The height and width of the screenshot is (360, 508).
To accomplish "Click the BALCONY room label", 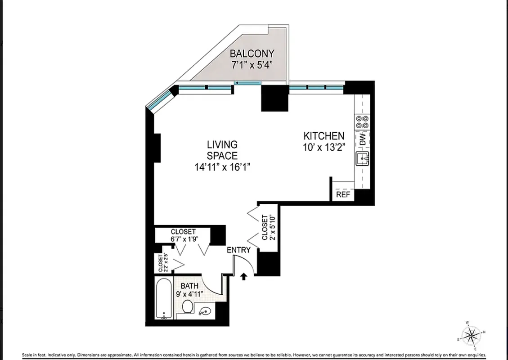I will tap(252, 54).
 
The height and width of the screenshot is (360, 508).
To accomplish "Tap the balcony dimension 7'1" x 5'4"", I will tap(252, 65).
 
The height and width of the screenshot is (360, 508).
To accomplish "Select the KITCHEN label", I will tap(324, 135).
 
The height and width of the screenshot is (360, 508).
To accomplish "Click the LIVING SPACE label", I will tap(222, 150).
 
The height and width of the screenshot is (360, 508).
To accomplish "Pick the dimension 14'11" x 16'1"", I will tap(222, 167).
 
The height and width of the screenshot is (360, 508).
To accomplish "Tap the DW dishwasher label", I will tap(363, 139).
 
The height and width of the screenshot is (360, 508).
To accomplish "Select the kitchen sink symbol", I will tap(362, 159).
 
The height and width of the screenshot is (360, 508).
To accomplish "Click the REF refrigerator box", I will tap(343, 195).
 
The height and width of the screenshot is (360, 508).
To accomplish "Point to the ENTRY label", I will tap(238, 250).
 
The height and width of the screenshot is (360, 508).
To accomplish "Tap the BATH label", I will tap(189, 286).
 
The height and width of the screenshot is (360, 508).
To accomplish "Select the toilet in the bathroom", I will tap(188, 307).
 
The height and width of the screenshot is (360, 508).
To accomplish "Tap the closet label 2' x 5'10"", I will tap(267, 227).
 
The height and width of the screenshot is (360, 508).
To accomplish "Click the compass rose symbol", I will tap(472, 335).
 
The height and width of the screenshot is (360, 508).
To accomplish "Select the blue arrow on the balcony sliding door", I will tap(247, 83).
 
